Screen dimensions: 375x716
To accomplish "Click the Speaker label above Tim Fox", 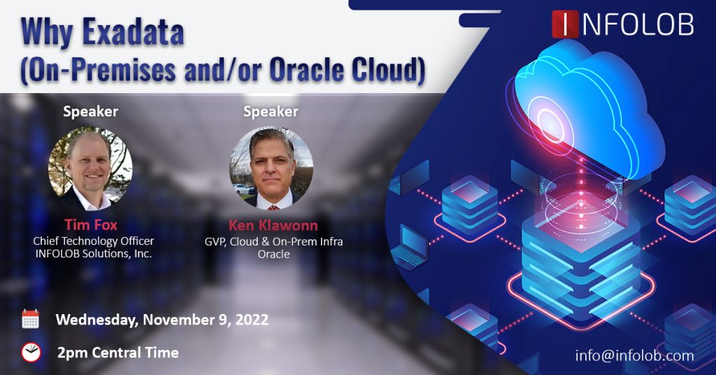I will click(90, 111).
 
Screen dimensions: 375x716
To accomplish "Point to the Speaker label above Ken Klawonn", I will click(271, 111).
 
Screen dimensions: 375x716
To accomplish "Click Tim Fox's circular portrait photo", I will click(90, 168).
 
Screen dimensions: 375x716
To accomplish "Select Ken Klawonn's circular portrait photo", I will click(271, 168).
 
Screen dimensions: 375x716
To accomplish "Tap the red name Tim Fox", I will click(92, 225).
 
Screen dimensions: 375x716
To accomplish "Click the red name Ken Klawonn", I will click(273, 226).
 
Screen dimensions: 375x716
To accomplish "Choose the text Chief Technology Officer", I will click(93, 241).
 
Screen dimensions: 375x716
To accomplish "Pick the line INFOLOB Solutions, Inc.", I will click(93, 253).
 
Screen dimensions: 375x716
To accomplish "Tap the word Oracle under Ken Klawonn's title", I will click(273, 254).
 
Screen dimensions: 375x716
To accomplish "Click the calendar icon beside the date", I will click(30, 319).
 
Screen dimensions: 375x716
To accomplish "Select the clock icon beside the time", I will click(30, 352).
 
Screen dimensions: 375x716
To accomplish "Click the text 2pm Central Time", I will click(117, 352).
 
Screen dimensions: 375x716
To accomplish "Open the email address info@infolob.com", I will click(634, 355).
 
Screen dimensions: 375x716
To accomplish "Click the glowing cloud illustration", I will click(587, 112).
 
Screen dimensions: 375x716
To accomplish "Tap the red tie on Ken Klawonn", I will click(272, 205).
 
